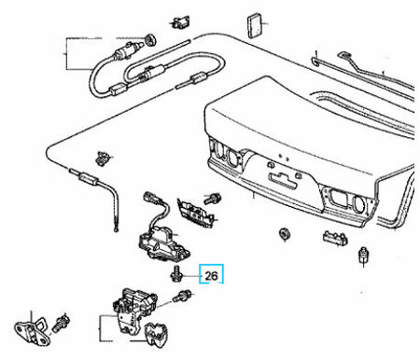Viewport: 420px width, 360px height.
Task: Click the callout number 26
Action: click(x=211, y=275)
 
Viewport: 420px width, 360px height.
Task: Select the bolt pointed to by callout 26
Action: click(x=176, y=273)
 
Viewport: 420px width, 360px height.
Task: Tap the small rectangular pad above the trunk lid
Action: click(x=255, y=25)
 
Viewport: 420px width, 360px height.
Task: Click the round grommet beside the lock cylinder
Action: click(x=150, y=39)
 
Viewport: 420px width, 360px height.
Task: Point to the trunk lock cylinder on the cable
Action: click(x=128, y=50)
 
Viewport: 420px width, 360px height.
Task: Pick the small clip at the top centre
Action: click(x=180, y=22)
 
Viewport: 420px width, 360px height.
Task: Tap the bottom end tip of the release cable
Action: click(x=117, y=230)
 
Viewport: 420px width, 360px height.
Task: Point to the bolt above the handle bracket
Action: click(x=213, y=198)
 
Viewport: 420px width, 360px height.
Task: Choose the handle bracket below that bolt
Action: click(x=196, y=213)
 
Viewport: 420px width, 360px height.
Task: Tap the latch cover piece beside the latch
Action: click(x=157, y=333)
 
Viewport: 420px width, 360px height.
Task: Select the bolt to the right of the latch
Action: click(x=182, y=296)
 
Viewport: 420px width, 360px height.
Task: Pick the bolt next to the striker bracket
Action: click(x=62, y=324)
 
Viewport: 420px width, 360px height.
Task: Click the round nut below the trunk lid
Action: click(x=285, y=234)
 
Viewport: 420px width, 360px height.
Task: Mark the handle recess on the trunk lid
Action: click(x=284, y=180)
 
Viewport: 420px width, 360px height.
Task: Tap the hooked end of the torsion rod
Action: click(x=315, y=61)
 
